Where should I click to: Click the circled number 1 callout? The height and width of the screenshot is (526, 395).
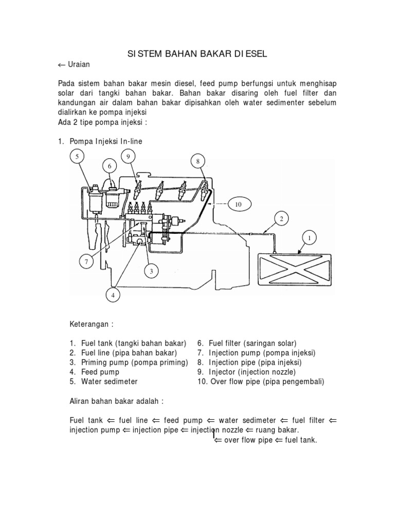(310, 238)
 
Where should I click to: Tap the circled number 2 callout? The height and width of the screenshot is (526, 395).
(281, 218)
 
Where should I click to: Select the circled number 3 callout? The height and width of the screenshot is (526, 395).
(151, 271)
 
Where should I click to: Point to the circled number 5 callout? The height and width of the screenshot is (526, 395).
(77, 156)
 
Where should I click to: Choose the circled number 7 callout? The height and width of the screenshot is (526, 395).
(86, 262)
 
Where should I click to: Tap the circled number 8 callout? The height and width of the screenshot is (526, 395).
(197, 161)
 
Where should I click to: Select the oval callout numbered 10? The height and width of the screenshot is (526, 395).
(238, 204)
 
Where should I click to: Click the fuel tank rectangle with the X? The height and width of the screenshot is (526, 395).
(295, 273)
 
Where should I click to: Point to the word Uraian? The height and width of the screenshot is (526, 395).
(79, 65)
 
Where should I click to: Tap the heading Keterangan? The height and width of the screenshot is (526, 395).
(91, 325)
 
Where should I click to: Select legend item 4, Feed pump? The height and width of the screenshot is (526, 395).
(100, 371)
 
